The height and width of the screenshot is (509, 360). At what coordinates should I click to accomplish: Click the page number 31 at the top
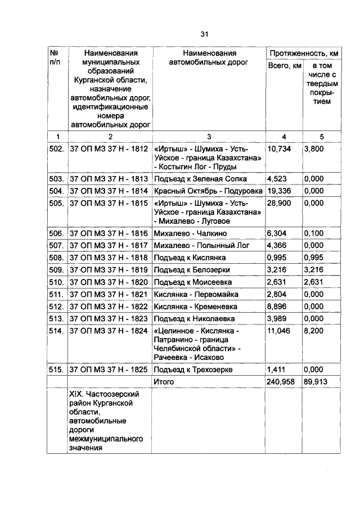[x=204, y=34]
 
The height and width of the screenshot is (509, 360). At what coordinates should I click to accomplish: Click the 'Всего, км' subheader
[x=284, y=67]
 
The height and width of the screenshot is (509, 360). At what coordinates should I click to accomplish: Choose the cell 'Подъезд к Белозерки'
[x=190, y=269]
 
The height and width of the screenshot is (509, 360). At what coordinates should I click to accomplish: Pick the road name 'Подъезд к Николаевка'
[x=191, y=318]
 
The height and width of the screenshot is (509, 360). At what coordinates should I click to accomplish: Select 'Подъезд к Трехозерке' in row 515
[x=193, y=370]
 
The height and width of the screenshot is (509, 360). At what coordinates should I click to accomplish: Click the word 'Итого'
[x=164, y=381]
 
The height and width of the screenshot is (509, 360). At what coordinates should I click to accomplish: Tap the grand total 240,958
[x=281, y=381]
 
